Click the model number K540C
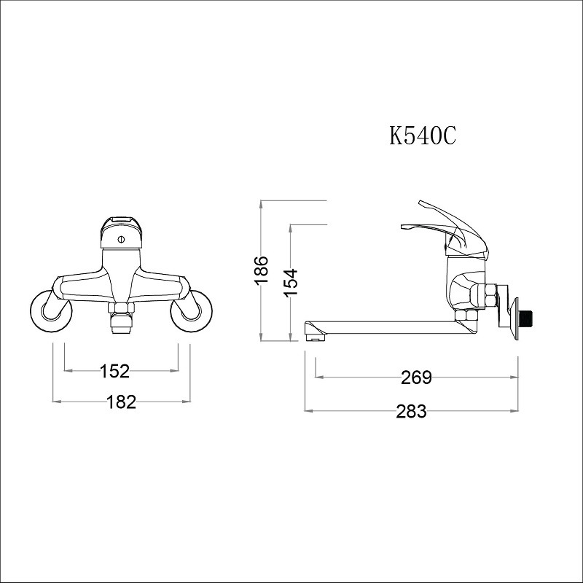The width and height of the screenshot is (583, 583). coord(422,136)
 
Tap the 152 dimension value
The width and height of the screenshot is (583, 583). coord(114,371)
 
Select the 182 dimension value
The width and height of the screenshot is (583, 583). coord(121,402)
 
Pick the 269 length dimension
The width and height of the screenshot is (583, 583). coord(416,377)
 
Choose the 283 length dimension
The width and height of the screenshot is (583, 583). coord(411,411)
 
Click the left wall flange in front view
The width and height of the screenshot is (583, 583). coord(51,311)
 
